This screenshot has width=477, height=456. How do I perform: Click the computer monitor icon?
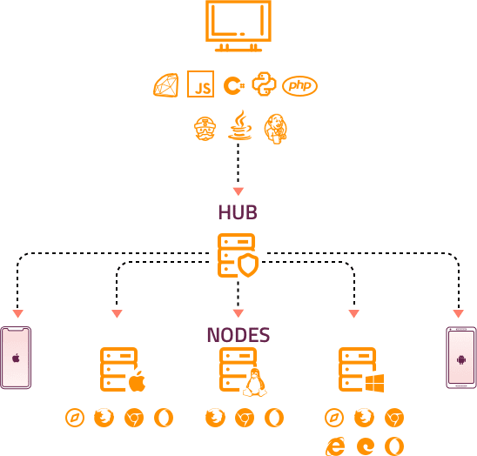tap(238, 25)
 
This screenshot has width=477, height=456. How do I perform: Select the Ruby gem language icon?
tap(165, 85)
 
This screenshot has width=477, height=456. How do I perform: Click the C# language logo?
tap(232, 85)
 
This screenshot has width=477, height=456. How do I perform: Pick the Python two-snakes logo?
tap(264, 84)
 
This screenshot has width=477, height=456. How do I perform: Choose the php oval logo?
tap(299, 85)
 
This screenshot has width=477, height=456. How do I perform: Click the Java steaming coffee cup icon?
tap(238, 127)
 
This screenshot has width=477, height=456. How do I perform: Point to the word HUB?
tap(238, 212)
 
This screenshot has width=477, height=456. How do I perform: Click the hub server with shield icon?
tap(238, 256)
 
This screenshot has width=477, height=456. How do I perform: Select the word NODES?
tap(238, 335)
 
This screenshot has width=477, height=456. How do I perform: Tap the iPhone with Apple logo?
tap(16, 358)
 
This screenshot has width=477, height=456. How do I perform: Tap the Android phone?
tap(460, 358)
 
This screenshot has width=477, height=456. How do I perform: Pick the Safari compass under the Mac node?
tap(75, 418)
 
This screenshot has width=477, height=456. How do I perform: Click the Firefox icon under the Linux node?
tap(214, 418)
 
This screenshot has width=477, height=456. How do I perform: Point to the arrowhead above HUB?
tap(238, 191)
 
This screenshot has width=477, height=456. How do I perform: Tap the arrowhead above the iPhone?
tap(17, 313)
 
